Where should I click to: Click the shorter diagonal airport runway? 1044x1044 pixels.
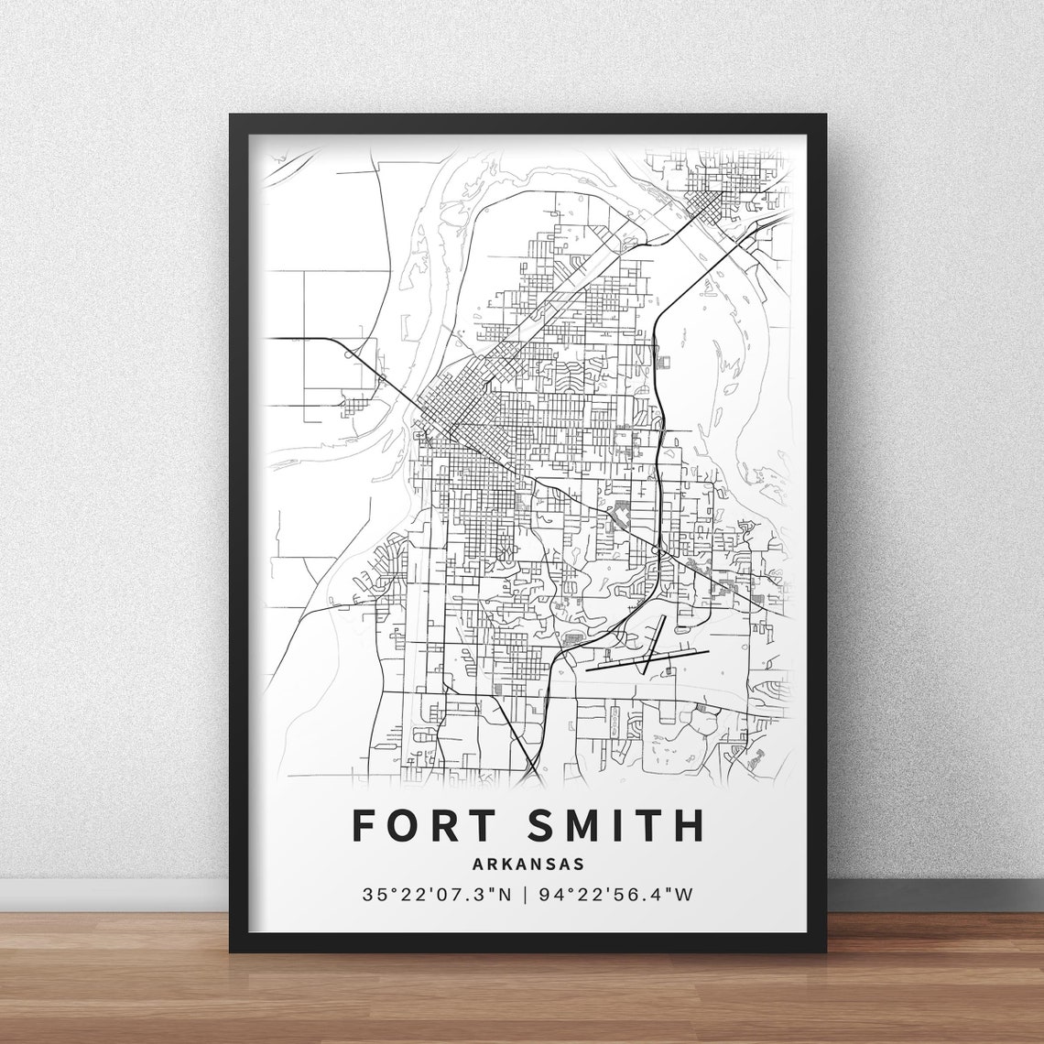point(654,644)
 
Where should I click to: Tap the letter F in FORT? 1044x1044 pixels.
point(364,825)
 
